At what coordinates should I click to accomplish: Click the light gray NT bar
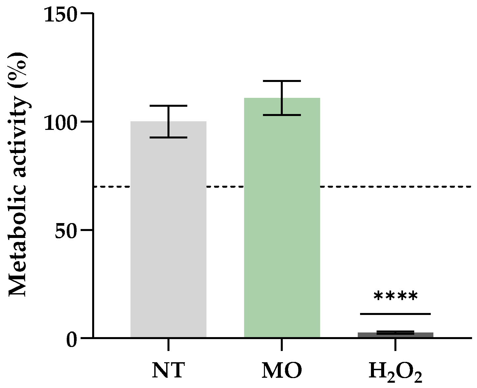tap(168, 231)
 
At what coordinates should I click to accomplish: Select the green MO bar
tap(282, 218)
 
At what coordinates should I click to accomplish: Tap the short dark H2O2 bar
tap(395, 335)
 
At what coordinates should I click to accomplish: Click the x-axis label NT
tap(168, 371)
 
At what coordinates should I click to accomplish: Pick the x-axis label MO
tap(282, 371)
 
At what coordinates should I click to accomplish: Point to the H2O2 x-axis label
tap(395, 372)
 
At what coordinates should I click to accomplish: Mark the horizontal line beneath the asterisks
tap(395, 314)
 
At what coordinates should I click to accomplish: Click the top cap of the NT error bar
tap(168, 106)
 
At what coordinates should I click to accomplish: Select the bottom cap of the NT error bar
tap(168, 137)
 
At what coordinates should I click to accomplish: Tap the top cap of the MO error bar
tap(282, 81)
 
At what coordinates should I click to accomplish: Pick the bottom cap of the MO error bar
tap(282, 115)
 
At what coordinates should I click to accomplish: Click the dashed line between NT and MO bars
tap(225, 187)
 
